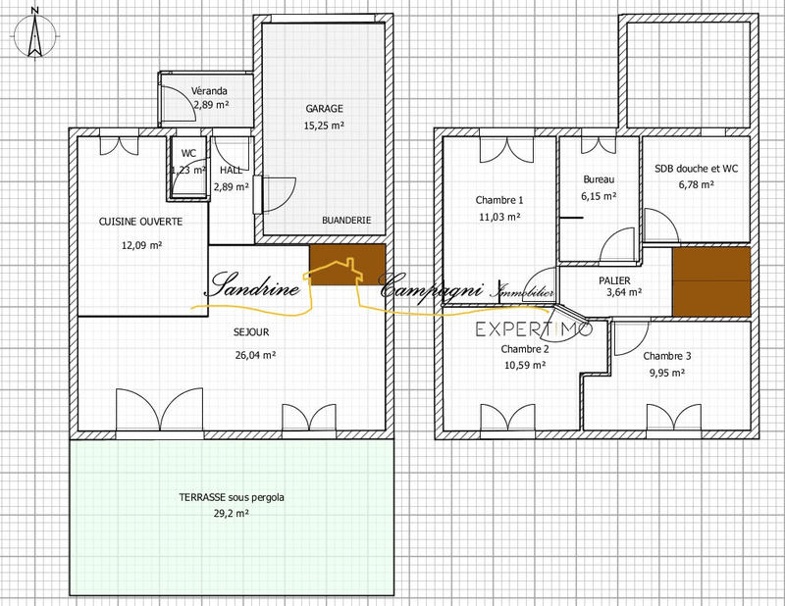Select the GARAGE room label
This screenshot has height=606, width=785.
tap(324, 109)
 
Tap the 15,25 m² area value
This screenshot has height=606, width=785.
tap(324, 126)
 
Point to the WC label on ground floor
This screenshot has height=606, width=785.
tap(188, 154)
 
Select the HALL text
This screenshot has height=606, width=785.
tap(232, 170)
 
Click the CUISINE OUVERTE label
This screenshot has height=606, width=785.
tap(141, 222)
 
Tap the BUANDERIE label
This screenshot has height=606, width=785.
tap(346, 221)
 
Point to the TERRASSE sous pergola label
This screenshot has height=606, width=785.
tap(232, 497)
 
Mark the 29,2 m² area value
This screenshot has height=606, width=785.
tap(232, 513)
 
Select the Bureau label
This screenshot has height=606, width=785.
tap(599, 179)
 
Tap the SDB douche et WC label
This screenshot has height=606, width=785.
tap(697, 168)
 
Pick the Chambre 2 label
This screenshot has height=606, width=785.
tap(525, 349)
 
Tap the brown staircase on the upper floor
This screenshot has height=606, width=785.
tap(711, 281)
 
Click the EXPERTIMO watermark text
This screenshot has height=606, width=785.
tap(535, 329)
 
